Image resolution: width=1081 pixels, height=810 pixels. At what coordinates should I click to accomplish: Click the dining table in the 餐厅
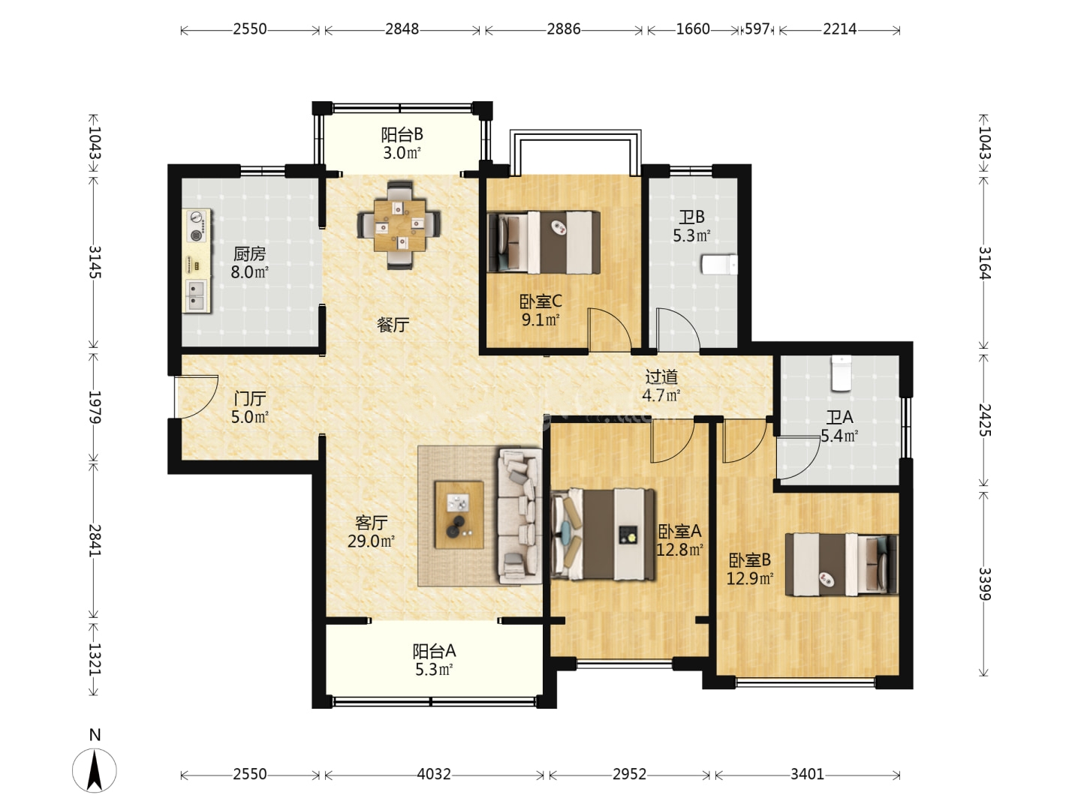click(399, 225)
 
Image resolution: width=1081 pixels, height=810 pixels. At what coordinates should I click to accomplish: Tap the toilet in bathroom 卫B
click(719, 265)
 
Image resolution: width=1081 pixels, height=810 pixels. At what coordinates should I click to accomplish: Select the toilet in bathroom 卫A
click(842, 373)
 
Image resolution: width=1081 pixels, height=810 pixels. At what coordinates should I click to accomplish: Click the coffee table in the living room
click(459, 515)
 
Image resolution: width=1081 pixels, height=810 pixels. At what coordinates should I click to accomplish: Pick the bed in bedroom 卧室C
click(544, 242)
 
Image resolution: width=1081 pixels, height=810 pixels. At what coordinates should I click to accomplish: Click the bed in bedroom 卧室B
click(842, 565)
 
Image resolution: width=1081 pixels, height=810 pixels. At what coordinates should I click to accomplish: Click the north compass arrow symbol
click(95, 771)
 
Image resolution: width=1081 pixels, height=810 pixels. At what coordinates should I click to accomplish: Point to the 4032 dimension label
click(433, 775)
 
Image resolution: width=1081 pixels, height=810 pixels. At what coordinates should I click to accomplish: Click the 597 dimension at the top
click(757, 29)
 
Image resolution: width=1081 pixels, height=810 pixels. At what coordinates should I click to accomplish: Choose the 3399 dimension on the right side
click(984, 583)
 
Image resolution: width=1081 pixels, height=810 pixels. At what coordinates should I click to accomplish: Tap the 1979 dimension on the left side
click(94, 407)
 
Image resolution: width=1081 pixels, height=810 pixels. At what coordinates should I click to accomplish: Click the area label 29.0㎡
click(371, 541)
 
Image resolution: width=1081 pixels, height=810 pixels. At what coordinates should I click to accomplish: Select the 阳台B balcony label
click(402, 134)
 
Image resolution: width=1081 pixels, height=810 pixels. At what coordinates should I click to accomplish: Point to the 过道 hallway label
click(661, 376)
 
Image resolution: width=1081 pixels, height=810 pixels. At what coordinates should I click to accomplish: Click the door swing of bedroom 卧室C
click(610, 328)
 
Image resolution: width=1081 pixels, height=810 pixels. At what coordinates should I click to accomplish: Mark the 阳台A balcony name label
click(434, 651)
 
